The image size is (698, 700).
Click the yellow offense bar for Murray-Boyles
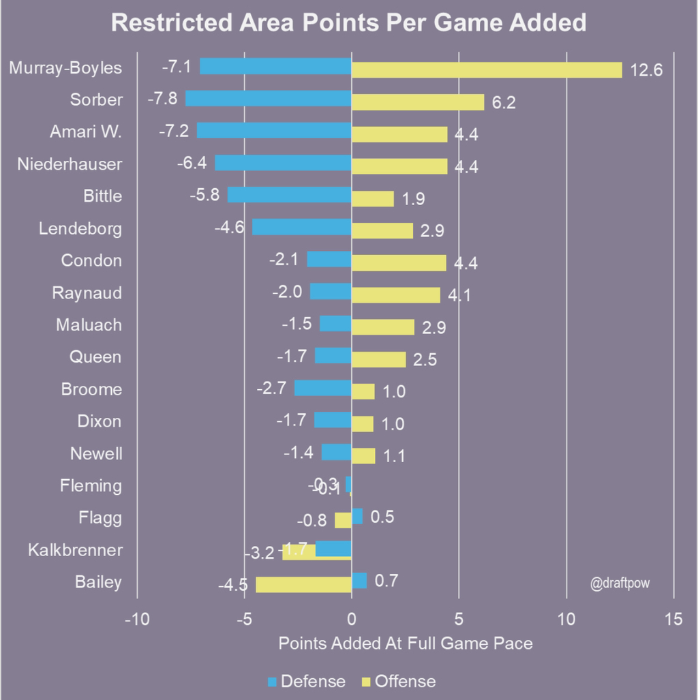pyautogui.click(x=486, y=70)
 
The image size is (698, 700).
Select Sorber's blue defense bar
pyautogui.click(x=268, y=98)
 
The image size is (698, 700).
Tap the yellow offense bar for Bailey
pyautogui.click(x=303, y=585)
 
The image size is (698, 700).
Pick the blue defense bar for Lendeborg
pyautogui.click(x=301, y=227)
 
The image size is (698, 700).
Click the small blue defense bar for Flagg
pyautogui.click(x=357, y=516)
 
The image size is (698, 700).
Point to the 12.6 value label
pyautogui.click(x=646, y=71)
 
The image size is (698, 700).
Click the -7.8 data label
pyautogui.click(x=162, y=98)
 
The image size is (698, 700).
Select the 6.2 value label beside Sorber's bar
pyautogui.click(x=504, y=103)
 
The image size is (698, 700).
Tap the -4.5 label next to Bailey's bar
pyautogui.click(x=232, y=585)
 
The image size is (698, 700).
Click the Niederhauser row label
pyautogui.click(x=70, y=164)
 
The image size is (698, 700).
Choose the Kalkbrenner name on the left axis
pyautogui.click(x=75, y=549)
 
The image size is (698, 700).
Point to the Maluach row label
pyautogui.click(x=89, y=325)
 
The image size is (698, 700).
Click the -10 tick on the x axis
pyautogui.click(x=136, y=619)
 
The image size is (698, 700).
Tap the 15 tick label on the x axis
pyautogui.click(x=673, y=619)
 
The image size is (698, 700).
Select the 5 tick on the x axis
pyautogui.click(x=459, y=619)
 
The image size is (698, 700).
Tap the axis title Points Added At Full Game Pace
pyautogui.click(x=406, y=643)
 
